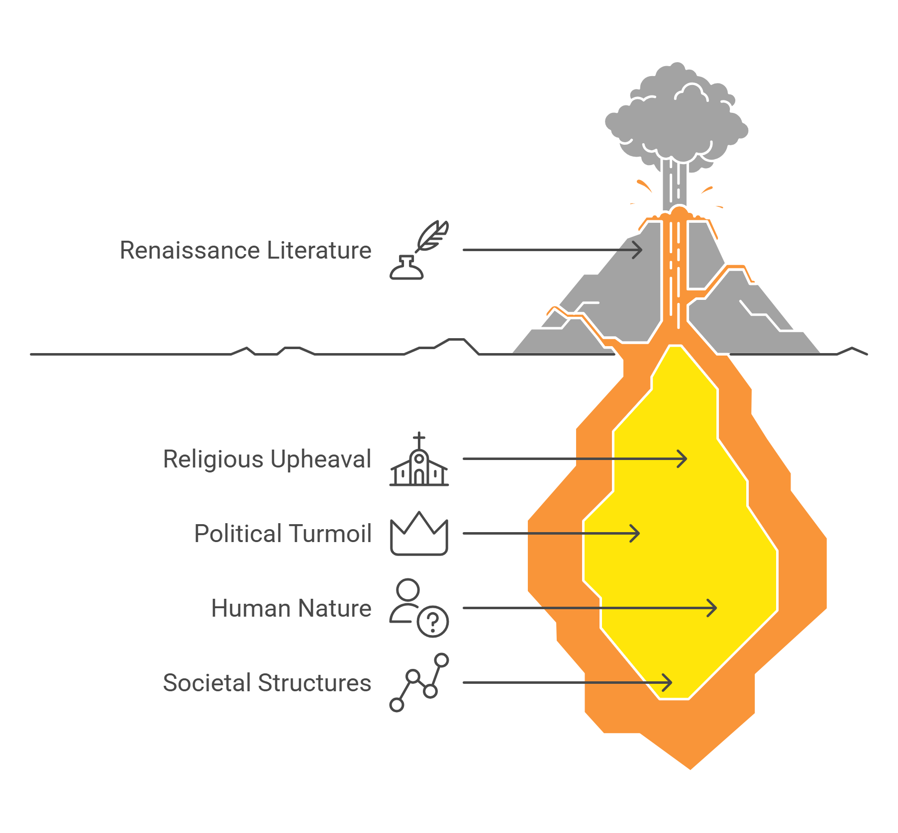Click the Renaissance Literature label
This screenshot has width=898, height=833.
(x=245, y=250)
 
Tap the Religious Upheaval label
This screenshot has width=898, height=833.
(x=267, y=459)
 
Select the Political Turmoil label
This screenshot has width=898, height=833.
(x=283, y=534)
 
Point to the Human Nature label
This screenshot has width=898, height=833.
(x=291, y=608)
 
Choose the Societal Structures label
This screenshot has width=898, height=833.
(x=267, y=683)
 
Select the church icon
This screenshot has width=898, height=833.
(x=419, y=467)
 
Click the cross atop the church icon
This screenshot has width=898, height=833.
(x=419, y=440)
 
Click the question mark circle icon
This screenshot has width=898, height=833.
(x=433, y=622)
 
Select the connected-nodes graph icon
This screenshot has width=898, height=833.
(x=419, y=683)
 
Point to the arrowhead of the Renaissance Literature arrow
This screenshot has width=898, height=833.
(x=639, y=250)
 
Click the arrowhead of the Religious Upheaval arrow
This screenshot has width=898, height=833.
(x=684, y=459)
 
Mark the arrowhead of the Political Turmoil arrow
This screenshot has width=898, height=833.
(x=636, y=533)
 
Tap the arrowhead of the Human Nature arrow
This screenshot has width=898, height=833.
(x=713, y=608)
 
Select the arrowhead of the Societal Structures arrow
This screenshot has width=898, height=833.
(x=669, y=682)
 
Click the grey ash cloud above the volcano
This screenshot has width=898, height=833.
(x=677, y=119)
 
